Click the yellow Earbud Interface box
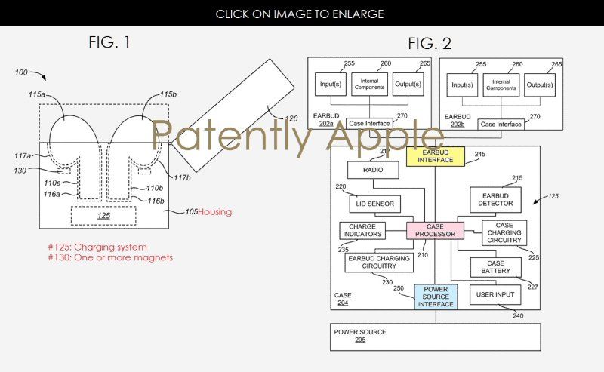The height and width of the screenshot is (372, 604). pyautogui.click(x=435, y=156)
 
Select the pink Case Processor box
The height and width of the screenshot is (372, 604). pyautogui.click(x=435, y=230)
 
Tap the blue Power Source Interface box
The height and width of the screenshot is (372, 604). pyautogui.click(x=435, y=297)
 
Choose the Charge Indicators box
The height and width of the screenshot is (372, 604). pyautogui.click(x=362, y=230)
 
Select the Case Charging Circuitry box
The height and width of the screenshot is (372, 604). pyautogui.click(x=504, y=233)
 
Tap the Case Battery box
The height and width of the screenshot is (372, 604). pyautogui.click(x=496, y=266)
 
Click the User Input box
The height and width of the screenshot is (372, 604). pyautogui.click(x=495, y=294)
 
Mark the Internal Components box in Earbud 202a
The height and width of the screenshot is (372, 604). pyautogui.click(x=368, y=85)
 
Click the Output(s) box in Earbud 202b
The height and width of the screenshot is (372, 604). pyautogui.click(x=540, y=85)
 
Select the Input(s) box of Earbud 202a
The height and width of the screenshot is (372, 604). pyautogui.click(x=330, y=85)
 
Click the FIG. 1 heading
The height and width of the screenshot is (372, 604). pyautogui.click(x=109, y=42)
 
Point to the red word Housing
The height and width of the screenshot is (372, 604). pyautogui.click(x=215, y=212)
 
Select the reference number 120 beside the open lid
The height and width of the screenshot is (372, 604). pyautogui.click(x=291, y=118)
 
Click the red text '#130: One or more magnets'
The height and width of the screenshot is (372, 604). pyautogui.click(x=110, y=257)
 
